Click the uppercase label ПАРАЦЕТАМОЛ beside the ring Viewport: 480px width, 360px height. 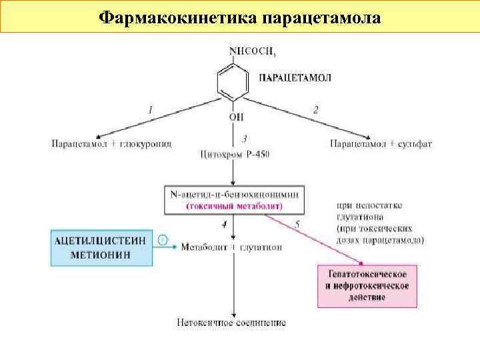pos(295,77)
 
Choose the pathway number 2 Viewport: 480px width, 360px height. pos(315,109)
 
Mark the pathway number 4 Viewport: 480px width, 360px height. pos(224,225)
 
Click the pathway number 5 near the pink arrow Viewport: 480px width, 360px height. pos(296,226)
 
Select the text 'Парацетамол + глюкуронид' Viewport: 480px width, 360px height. pos(111,143)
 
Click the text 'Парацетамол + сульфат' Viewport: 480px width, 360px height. pos(373,143)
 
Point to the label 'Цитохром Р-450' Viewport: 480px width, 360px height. pos(235,155)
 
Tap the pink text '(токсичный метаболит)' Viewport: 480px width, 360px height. pos(234,206)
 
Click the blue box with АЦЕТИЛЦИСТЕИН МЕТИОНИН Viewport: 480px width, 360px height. pos(101,247)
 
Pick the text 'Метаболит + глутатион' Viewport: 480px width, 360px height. pos(231,247)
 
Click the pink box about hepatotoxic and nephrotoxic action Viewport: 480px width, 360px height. pos(367,285)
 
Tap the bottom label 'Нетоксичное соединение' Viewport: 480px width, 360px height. pos(231,323)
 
